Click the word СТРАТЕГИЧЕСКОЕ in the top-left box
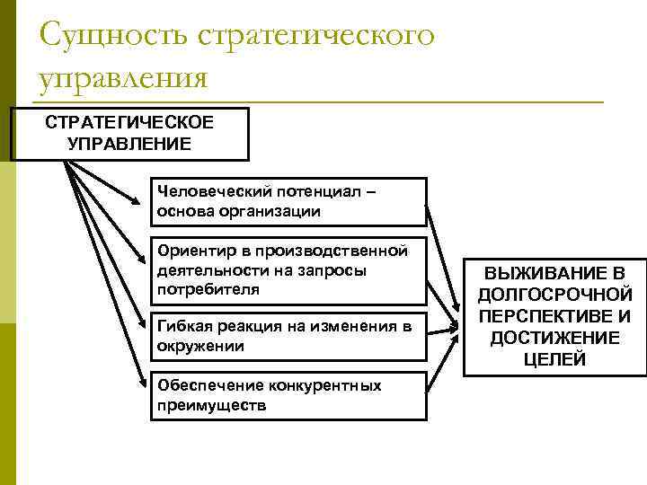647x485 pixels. (129, 123)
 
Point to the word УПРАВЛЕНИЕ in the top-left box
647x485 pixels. (129, 143)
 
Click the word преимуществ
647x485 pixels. (210, 405)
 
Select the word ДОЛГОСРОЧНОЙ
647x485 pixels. (554, 295)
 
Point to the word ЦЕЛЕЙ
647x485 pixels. (554, 359)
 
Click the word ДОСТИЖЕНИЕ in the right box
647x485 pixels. (554, 338)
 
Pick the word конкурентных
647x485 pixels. (324, 385)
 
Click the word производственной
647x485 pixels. (337, 251)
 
